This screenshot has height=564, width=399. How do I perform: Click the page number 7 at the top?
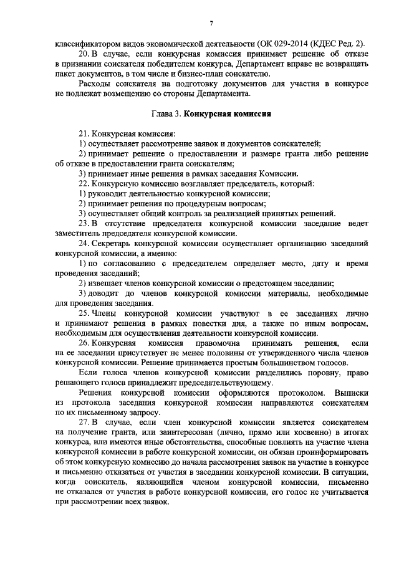coord(211,22)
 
